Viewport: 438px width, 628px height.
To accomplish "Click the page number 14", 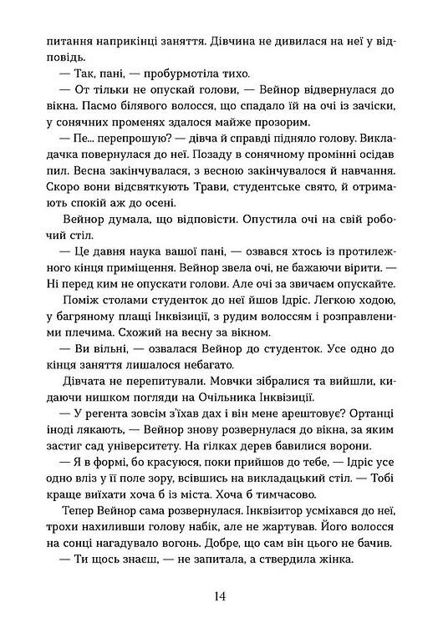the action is click(x=219, y=595).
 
